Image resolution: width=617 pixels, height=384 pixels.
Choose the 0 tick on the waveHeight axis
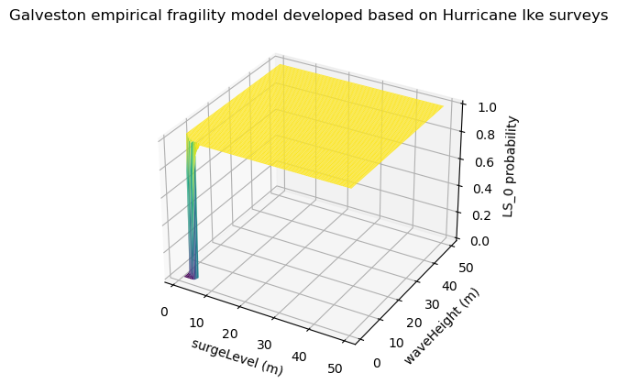[376, 363]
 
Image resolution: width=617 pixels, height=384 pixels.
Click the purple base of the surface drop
[191, 274]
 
